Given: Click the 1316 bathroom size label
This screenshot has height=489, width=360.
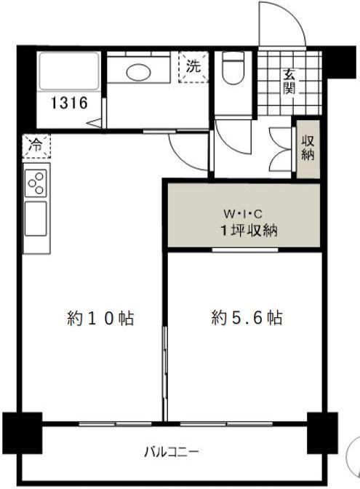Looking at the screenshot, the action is pos(69,103).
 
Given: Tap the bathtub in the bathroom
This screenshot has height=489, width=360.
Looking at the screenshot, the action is pos(69,71).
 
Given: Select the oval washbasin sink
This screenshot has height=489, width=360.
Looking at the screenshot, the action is pos(138,72).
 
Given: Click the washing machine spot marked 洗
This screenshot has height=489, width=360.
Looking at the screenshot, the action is pos(193,67).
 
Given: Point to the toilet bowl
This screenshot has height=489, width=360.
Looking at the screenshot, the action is pos(233,68).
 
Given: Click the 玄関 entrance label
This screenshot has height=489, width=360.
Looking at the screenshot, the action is pos(289,81).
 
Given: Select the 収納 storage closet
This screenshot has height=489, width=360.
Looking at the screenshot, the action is pos(308,149).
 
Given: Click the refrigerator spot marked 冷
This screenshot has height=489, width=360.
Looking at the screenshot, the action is pos(36,146).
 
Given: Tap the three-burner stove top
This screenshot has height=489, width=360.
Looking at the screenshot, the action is pos(36,183).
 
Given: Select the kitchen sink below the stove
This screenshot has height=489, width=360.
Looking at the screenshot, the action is pos(36,218).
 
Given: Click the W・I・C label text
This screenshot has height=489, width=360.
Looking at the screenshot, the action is pos(243,214).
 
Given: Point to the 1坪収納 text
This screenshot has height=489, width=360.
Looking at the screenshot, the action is pos(249,231).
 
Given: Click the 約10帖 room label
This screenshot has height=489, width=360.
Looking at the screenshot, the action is pos(100,319).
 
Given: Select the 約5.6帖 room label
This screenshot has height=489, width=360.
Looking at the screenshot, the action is pos(247,318).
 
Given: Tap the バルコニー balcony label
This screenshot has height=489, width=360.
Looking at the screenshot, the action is pos(171,452).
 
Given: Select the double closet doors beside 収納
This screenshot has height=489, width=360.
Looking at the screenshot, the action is pos(281,149).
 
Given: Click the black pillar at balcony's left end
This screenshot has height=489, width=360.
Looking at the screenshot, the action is pos(22,433).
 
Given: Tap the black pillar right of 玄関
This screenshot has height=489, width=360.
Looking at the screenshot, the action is pos(341,62).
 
